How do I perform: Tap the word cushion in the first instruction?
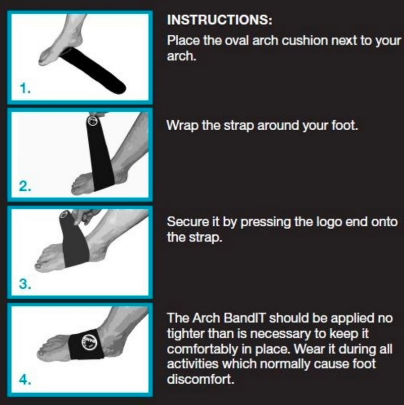click(308, 40)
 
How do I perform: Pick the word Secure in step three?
click(187, 222)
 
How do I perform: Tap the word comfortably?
click(203, 349)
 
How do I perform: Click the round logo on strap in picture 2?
click(92, 121)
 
